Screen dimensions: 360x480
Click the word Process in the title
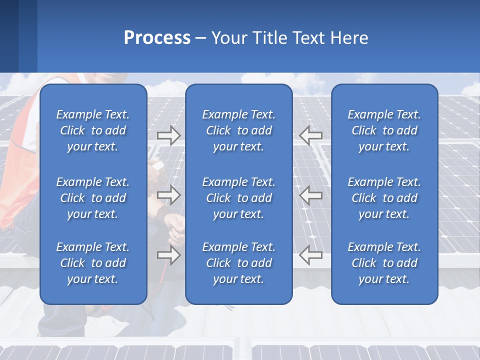[157, 38]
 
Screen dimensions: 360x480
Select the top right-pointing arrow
[168, 135]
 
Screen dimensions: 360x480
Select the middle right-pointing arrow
[168, 195]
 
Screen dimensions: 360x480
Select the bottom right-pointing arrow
[168, 255]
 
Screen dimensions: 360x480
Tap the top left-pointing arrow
[311, 135]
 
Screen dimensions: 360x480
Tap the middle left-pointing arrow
[311, 195]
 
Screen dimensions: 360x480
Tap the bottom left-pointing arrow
[311, 255]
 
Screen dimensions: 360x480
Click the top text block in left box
[93, 130]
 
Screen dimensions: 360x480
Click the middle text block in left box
[93, 198]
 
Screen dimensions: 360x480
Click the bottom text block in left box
[93, 263]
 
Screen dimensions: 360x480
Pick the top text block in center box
[238, 130]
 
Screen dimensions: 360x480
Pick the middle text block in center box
[238, 198]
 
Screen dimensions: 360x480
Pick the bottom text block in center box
[238, 263]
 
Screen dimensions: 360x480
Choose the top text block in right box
[384, 130]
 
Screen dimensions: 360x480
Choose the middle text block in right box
[384, 198]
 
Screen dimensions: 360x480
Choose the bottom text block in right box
[384, 263]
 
